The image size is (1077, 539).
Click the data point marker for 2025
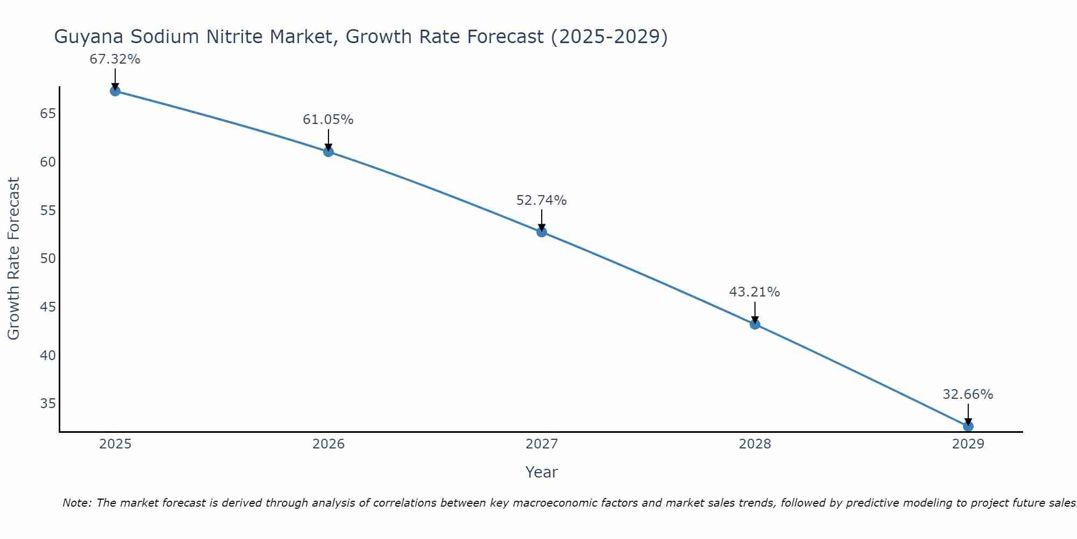[115, 91]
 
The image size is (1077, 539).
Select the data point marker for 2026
[328, 152]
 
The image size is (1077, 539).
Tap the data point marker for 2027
[542, 232]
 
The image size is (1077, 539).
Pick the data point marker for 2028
[755, 324]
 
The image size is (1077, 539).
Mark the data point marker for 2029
[968, 426]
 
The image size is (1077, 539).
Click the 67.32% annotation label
[115, 59]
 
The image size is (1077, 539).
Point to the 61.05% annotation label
[328, 120]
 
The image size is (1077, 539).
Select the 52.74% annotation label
[541, 201]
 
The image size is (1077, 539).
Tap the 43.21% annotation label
[754, 292]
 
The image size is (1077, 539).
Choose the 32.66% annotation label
[968, 395]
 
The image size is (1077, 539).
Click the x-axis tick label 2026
[328, 444]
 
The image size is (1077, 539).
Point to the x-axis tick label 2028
[755, 444]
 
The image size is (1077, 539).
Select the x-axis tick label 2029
[968, 444]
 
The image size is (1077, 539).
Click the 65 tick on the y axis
[48, 114]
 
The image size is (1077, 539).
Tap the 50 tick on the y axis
[48, 259]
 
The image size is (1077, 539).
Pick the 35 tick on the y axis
[48, 404]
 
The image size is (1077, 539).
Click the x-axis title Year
[541, 472]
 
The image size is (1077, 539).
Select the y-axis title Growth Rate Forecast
[14, 258]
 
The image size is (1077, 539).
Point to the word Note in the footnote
[78, 503]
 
